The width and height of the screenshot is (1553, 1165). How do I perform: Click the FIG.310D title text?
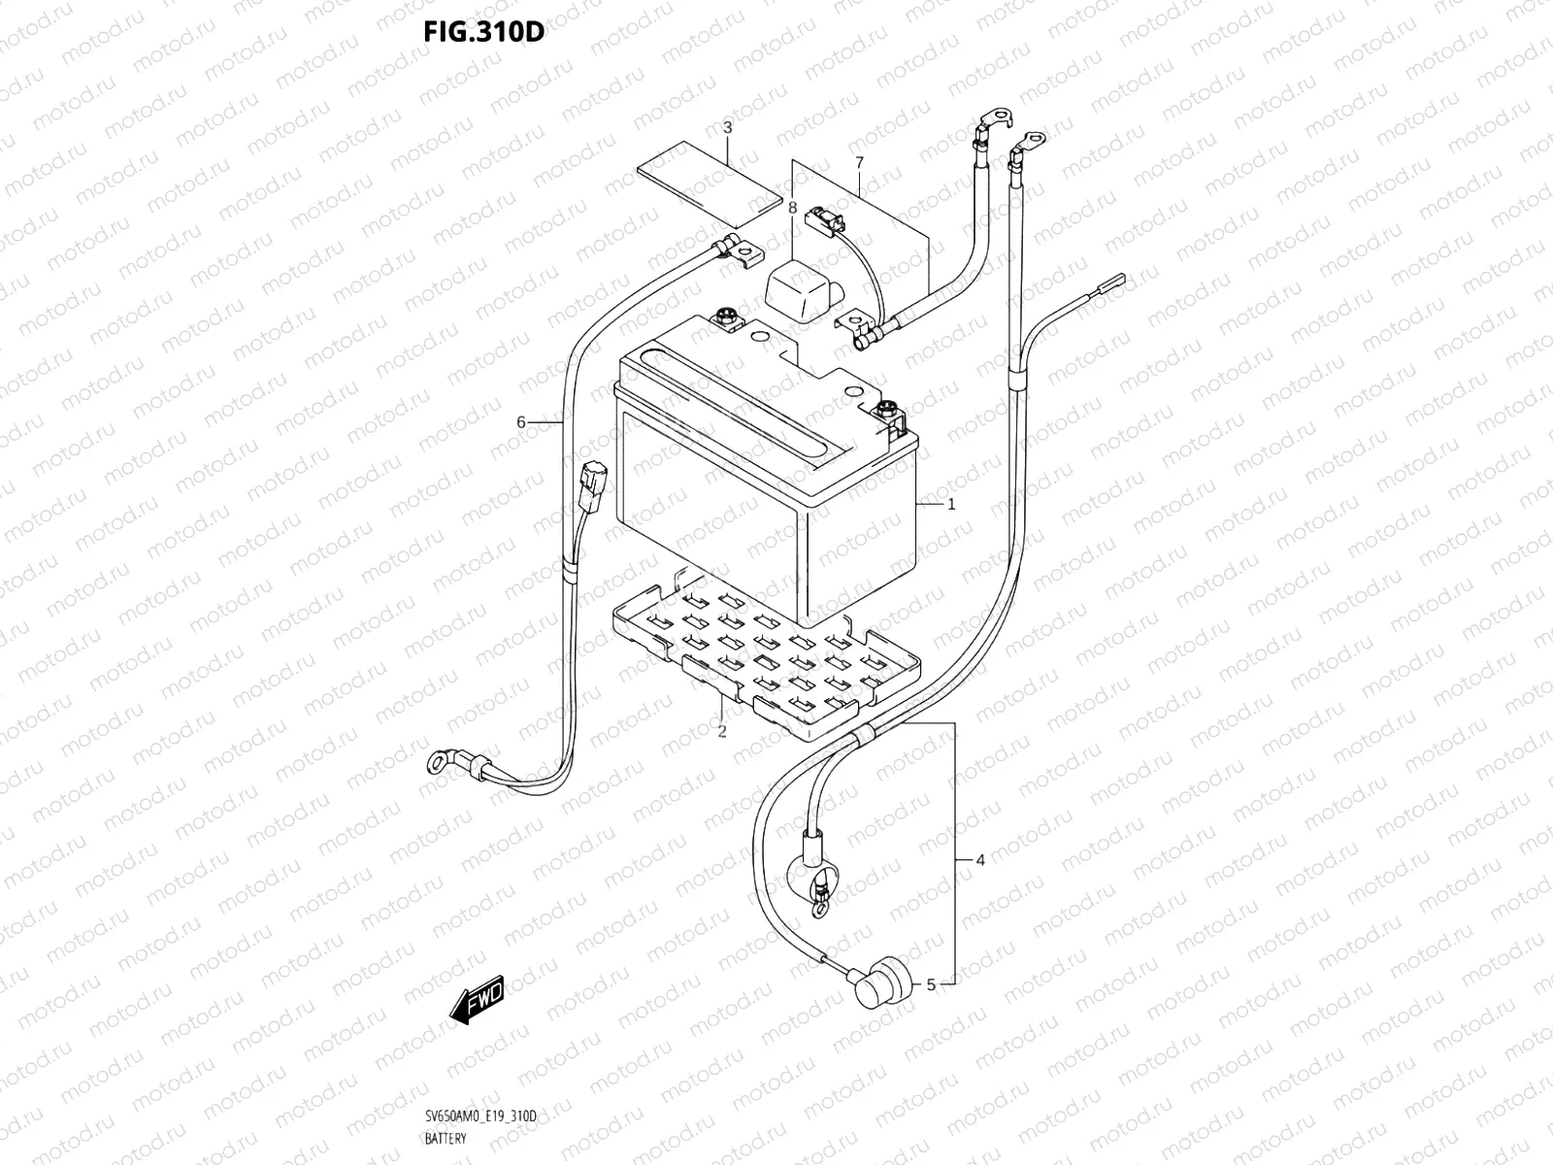[482, 32]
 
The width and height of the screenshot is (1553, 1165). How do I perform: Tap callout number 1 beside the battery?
[952, 504]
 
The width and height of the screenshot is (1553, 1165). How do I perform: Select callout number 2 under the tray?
[722, 731]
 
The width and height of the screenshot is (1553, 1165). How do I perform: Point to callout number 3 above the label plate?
[727, 127]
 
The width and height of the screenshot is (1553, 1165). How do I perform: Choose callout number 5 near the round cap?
[931, 984]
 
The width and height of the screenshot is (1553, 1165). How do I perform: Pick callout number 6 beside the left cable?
[521, 422]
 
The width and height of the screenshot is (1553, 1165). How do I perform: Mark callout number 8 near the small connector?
[792, 208]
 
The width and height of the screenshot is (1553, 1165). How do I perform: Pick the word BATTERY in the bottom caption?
[445, 1138]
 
